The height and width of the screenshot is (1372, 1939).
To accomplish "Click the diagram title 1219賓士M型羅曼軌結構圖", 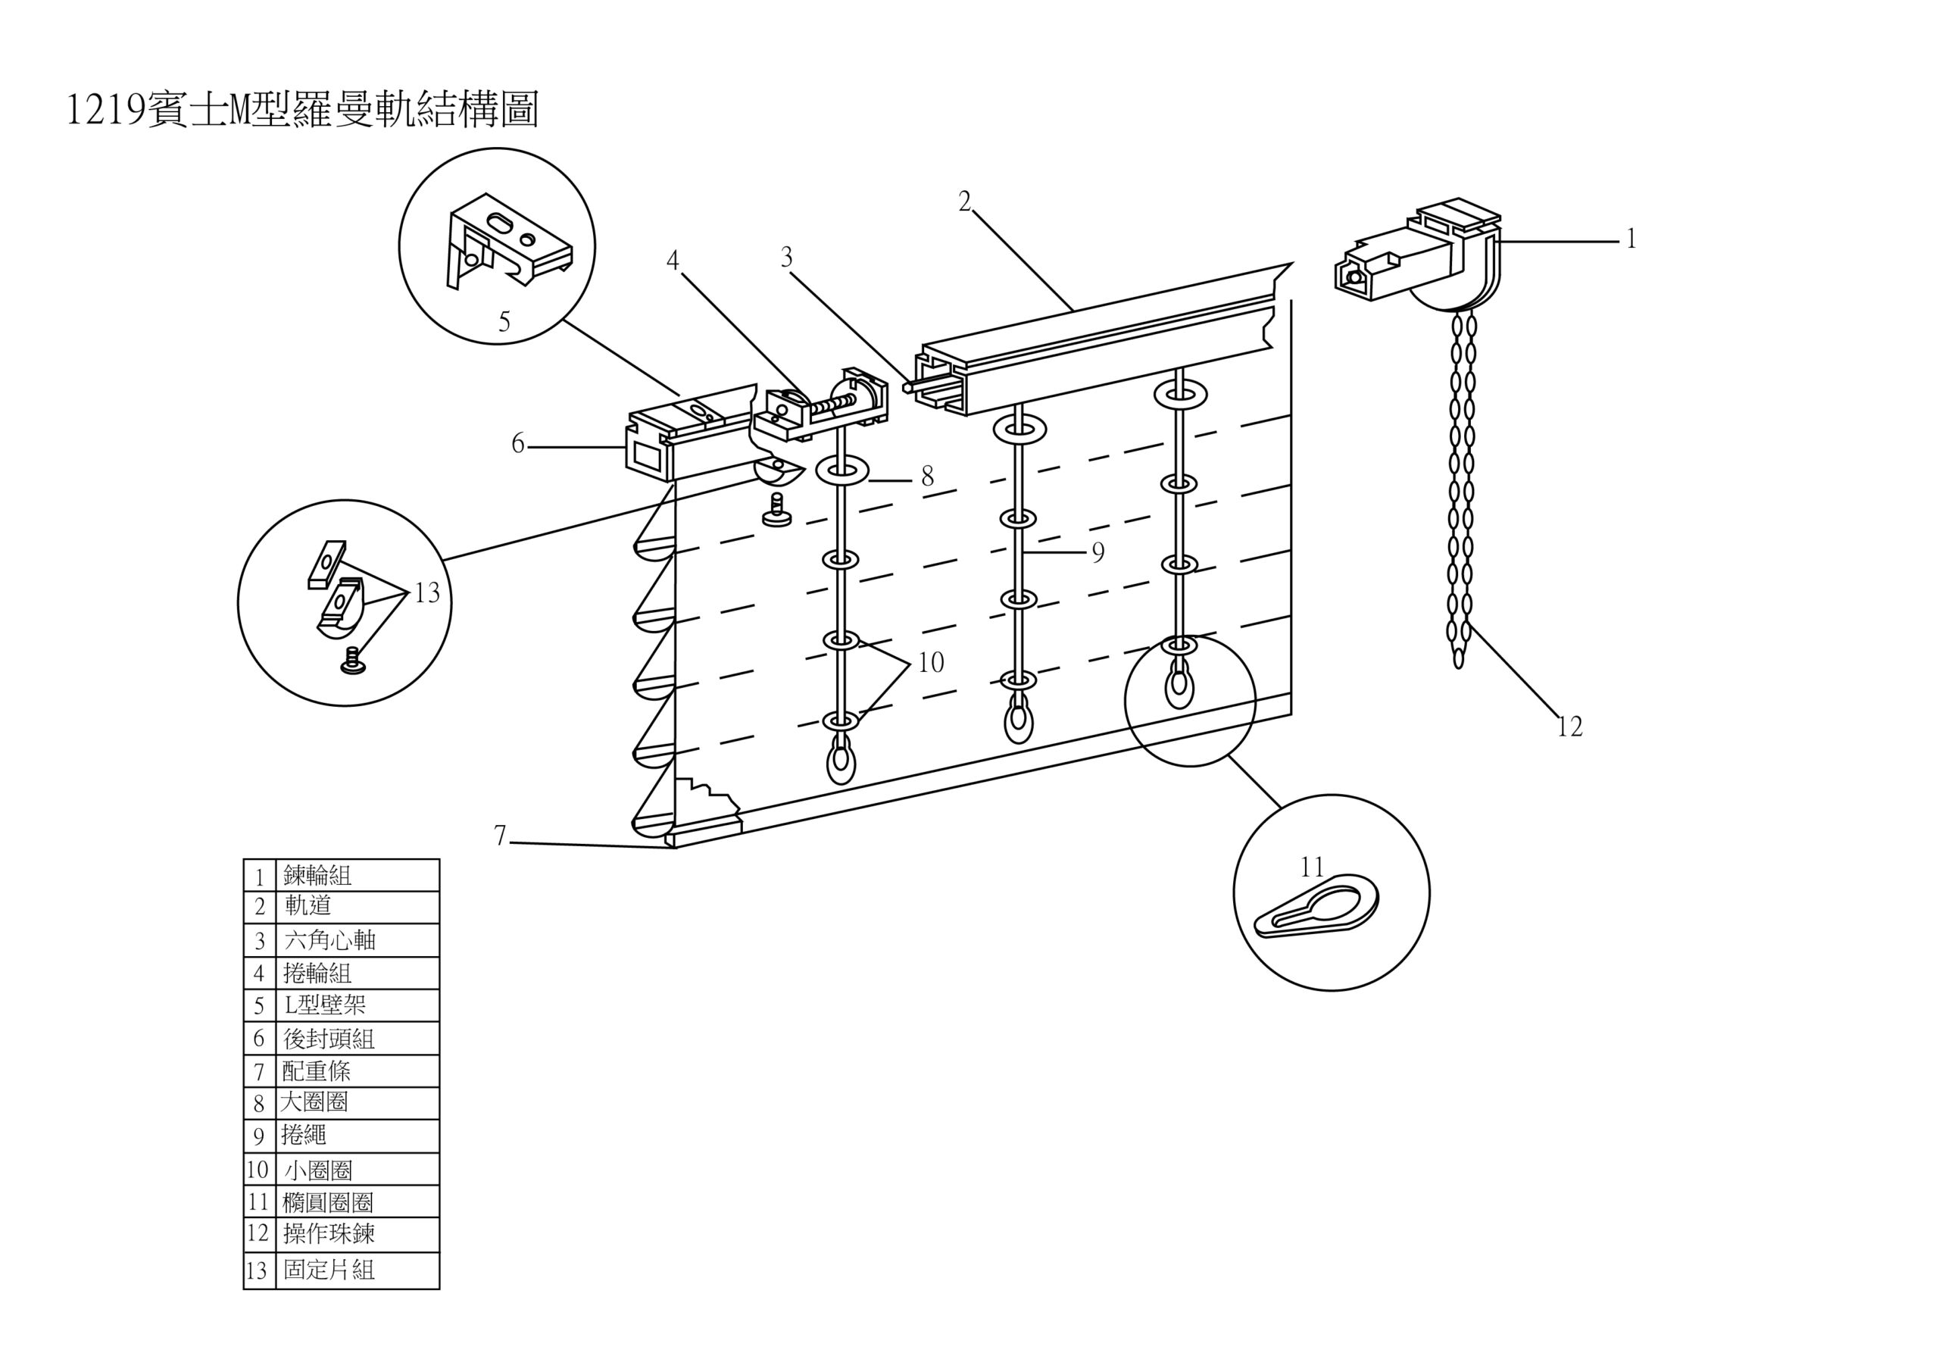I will click(301, 111).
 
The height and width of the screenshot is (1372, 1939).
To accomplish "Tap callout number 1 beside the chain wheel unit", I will click(1631, 240).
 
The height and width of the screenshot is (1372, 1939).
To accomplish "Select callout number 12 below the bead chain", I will click(1569, 727).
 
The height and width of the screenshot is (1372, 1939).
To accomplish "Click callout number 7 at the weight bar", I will click(500, 836).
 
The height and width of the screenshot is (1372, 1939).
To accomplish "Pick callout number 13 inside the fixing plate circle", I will click(427, 593).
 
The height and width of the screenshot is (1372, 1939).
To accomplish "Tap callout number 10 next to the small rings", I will click(930, 662).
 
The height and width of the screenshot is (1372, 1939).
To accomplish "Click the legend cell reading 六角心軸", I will click(329, 939).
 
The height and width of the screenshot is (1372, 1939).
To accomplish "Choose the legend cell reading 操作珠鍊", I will click(329, 1234).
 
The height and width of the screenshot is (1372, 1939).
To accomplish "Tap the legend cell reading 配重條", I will click(316, 1071).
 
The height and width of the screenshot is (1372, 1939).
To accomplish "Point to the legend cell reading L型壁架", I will click(325, 1005).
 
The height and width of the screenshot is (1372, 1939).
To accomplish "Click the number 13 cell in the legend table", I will click(258, 1270).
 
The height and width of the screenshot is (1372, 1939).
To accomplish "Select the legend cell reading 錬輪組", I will click(317, 875).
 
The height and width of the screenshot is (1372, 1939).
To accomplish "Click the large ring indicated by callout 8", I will click(841, 471).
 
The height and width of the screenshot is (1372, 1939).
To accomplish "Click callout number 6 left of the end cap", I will click(517, 443).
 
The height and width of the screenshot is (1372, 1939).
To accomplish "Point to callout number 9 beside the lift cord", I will click(1098, 552).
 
